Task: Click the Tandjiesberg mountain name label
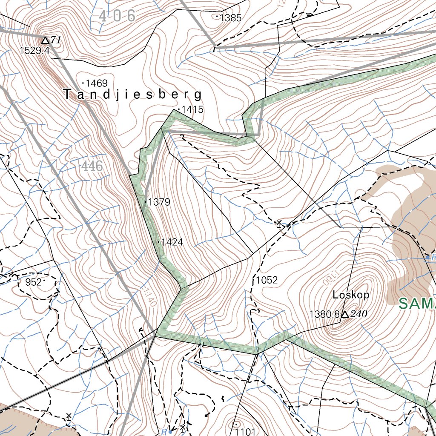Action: click(x=132, y=94)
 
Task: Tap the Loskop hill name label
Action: click(x=351, y=295)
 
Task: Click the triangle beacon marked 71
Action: click(x=46, y=40)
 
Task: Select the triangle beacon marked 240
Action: click(x=346, y=315)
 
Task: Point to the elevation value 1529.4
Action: click(x=34, y=51)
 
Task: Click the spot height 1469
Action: click(x=97, y=83)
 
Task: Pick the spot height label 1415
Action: click(x=192, y=110)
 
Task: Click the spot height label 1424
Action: click(x=172, y=242)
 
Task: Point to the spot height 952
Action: click(x=34, y=282)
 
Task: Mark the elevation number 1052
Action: click(x=267, y=280)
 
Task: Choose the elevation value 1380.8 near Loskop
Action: click(x=324, y=315)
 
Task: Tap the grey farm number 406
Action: click(x=117, y=16)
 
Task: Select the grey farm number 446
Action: click(x=91, y=166)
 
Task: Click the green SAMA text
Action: click(x=417, y=304)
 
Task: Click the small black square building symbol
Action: click(x=207, y=415)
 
